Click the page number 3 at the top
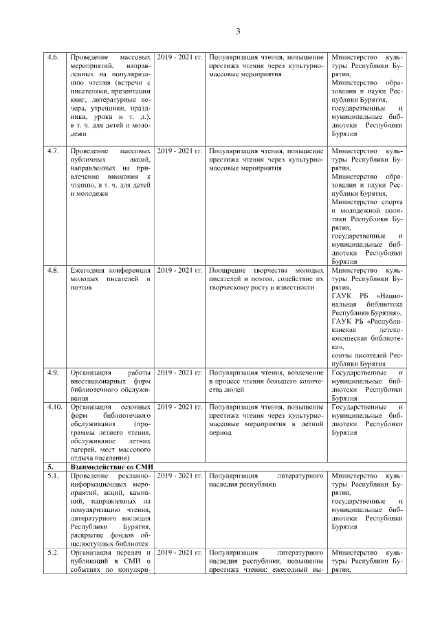click(238, 32)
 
